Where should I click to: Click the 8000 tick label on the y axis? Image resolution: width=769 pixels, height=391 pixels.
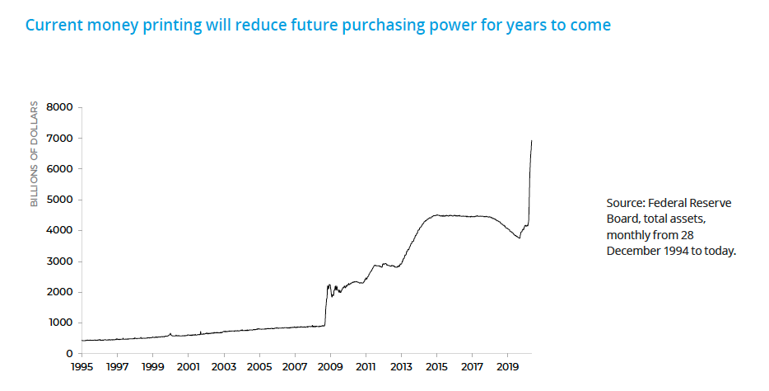tap(61, 107)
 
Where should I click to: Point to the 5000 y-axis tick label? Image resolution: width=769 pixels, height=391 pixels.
tap(61, 200)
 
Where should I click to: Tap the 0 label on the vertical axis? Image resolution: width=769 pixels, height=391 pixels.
tap(70, 354)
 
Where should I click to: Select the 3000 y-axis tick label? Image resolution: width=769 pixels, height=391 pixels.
tap(61, 261)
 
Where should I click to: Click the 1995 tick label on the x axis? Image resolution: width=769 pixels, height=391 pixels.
tap(82, 366)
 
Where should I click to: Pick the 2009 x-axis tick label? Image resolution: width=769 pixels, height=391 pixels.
tap(330, 366)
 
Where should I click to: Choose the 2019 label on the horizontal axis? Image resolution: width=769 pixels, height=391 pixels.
tap(508, 366)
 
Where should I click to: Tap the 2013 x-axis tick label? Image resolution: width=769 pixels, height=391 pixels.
tap(401, 366)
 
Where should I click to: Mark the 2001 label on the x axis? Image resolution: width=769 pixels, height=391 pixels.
tap(188, 366)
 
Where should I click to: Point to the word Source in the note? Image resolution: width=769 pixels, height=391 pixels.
tap(627, 203)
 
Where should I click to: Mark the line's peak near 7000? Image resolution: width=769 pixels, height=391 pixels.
tap(531, 141)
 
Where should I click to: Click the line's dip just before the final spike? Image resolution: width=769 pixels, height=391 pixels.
tap(520, 238)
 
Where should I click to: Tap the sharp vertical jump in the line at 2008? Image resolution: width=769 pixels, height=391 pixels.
tap(326, 305)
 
